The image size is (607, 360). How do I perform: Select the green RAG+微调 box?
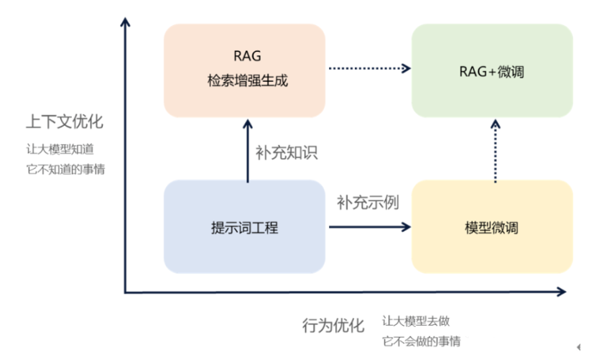point(491,71)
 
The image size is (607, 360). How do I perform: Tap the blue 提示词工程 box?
point(244,227)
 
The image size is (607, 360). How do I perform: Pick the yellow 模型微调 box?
point(491,227)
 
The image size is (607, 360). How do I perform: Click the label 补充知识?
point(286,152)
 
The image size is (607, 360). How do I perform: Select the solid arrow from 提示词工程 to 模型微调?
point(369,227)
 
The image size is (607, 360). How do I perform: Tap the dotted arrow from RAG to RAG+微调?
point(369,68)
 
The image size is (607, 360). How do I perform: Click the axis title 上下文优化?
point(65,121)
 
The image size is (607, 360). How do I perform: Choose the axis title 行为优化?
point(333,325)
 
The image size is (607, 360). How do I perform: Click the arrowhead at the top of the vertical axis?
point(126,23)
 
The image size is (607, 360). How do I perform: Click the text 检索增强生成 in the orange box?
point(244,79)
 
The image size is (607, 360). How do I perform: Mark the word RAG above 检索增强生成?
point(244,56)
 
